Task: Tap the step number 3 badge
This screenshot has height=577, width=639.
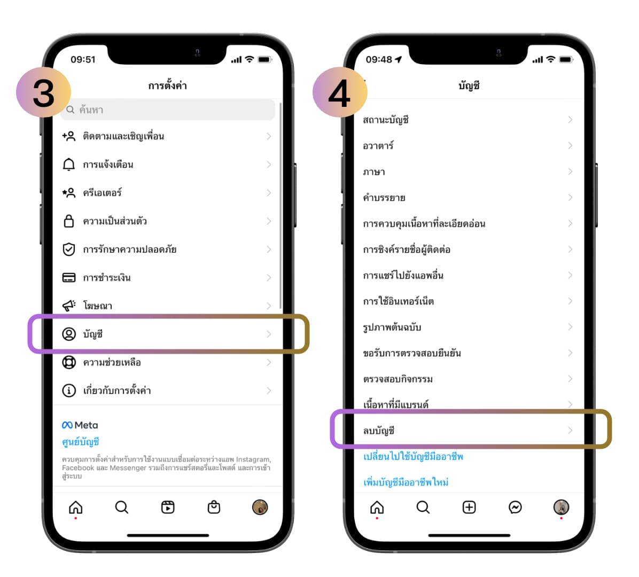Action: coord(44,92)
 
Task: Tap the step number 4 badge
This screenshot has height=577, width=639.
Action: coord(340,92)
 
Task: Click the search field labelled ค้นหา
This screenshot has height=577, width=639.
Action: coord(167,110)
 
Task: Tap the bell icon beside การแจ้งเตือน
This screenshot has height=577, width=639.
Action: coord(68,164)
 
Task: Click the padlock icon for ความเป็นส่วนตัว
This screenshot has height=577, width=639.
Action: coord(68,221)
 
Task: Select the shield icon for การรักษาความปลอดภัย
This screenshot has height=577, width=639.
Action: coord(68,249)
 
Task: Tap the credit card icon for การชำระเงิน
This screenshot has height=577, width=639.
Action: coord(68,277)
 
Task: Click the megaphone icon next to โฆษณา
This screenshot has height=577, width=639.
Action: coord(68,305)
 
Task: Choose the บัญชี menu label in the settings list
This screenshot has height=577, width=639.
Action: coord(92,334)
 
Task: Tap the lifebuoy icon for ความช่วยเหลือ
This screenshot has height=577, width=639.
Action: coord(68,362)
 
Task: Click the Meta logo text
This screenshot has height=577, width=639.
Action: coord(80,425)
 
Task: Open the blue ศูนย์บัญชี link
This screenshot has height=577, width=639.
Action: coord(80,442)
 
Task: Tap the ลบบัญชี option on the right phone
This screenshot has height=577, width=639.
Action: coord(379,431)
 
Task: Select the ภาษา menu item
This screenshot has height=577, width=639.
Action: coord(373,172)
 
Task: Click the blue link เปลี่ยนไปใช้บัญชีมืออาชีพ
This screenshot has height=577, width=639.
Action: coord(413,456)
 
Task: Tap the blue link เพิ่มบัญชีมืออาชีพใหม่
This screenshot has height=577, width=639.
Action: coord(406,482)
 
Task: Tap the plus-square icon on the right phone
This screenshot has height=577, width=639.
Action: coord(469,507)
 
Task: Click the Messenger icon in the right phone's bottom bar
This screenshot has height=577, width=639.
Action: coord(515,507)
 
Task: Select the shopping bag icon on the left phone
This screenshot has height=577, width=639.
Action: coord(214,507)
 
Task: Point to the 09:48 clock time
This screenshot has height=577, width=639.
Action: coord(379,59)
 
